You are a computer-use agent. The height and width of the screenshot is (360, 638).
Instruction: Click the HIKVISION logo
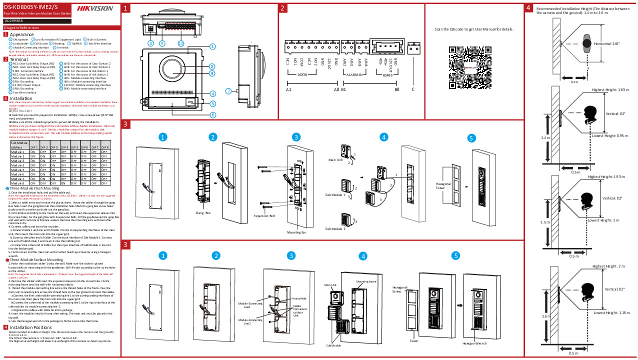pos(95,8)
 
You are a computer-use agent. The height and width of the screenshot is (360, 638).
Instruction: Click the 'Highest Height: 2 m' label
pos(608,266)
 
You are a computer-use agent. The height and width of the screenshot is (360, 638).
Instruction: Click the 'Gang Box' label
pos(203,213)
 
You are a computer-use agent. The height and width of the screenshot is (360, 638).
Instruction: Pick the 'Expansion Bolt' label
pos(264,216)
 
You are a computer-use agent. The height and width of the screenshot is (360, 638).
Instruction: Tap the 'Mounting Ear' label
pos(296,232)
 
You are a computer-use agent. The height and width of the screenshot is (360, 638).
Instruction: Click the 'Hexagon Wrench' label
pos(474,343)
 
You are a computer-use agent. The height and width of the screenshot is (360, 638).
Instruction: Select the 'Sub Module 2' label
pos(335,228)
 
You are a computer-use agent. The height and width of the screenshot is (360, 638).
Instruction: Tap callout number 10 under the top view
pos(180,43)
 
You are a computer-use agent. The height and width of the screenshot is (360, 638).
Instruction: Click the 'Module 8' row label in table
pos(17,183)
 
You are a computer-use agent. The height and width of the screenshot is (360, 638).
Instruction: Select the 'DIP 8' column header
pos(104,147)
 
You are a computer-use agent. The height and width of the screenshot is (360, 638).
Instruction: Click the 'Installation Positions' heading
pos(31,327)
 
